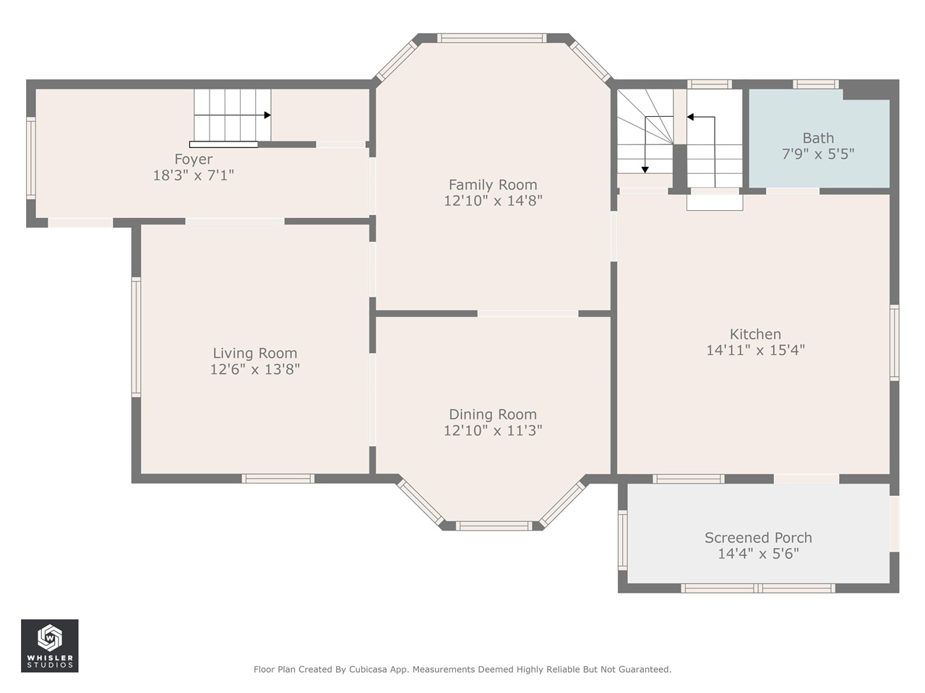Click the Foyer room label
(194, 159)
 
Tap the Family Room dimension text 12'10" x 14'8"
(493, 201)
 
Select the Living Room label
(254, 353)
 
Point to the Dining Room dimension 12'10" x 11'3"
(493, 430)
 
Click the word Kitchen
(755, 334)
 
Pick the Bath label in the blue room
(818, 138)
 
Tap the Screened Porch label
(758, 537)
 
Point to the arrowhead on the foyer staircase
(267, 115)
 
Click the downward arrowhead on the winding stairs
(645, 170)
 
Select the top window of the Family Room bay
(491, 38)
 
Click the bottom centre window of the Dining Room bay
(494, 526)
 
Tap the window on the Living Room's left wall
(136, 337)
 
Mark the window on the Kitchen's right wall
(894, 343)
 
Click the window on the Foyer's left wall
(31, 158)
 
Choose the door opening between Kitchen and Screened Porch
(806, 479)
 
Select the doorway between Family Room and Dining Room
(528, 313)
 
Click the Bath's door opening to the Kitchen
(792, 191)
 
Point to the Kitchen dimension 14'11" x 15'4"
(755, 350)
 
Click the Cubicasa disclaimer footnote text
(462, 669)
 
